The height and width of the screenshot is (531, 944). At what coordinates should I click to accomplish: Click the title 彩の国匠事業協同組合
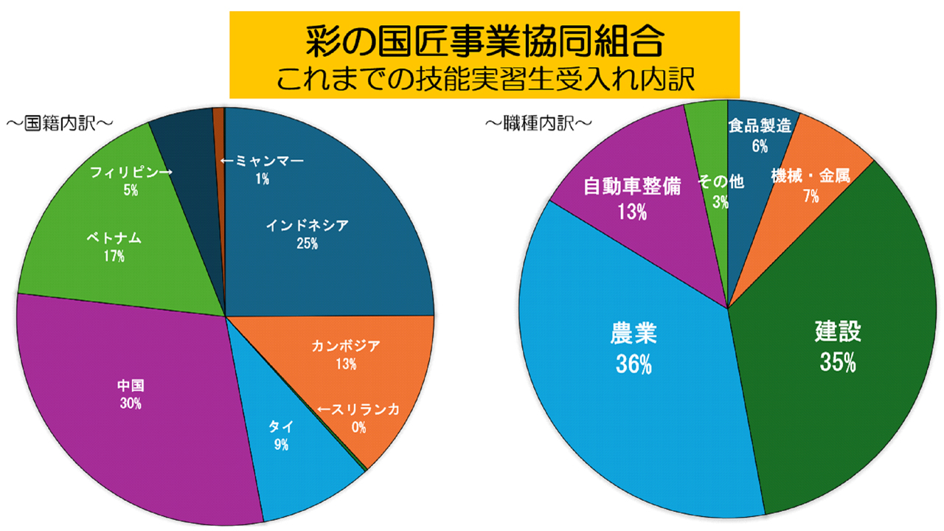pos(484,41)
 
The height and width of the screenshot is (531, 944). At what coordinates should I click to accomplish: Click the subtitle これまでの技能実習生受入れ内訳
pos(484,79)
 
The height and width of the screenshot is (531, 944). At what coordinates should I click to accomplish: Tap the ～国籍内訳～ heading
pos(60,122)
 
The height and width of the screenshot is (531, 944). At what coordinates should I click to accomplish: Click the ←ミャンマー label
pos(262,162)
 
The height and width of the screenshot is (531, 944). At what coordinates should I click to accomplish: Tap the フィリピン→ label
pos(131,173)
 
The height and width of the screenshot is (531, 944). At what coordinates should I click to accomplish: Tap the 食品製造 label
pos(760,125)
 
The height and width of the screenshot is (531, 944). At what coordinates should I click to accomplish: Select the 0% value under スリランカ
pos(359,427)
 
